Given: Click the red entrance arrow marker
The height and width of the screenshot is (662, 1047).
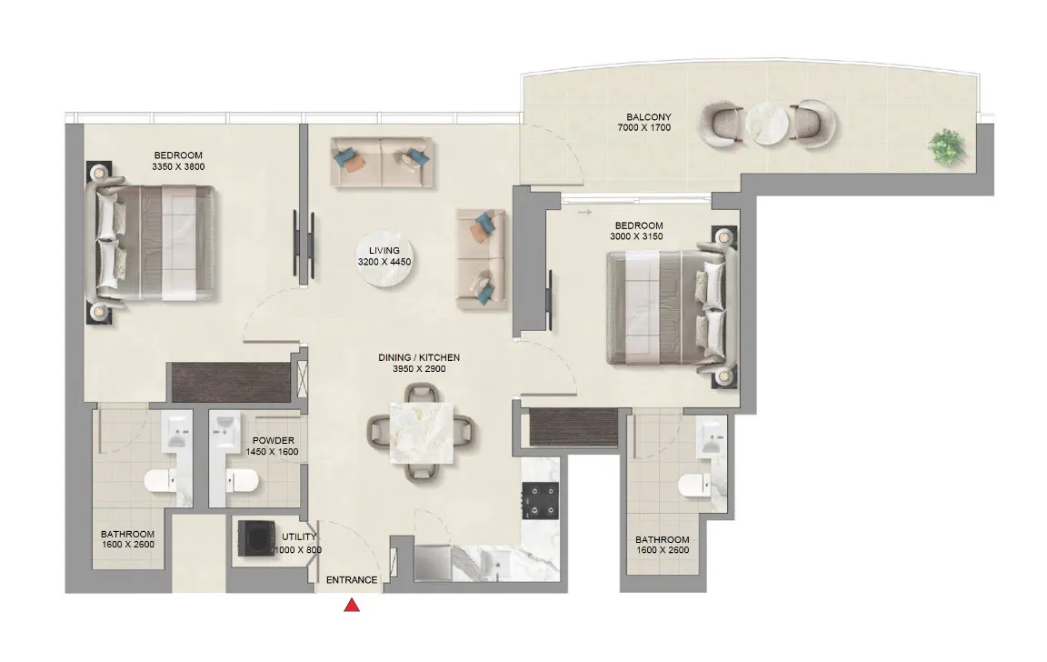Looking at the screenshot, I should pos(352,606).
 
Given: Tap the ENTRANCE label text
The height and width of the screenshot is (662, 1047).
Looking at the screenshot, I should pos(351,579).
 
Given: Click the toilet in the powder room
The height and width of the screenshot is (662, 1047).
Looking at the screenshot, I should pos(241,480).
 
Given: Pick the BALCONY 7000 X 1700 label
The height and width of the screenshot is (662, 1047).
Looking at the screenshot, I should pos(649,122).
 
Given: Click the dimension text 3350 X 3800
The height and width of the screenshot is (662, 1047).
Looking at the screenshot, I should pos(178,167).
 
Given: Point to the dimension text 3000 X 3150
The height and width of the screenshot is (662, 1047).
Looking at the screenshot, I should pos(638,236).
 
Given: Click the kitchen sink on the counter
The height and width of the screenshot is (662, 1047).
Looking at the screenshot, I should pos(485,562).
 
